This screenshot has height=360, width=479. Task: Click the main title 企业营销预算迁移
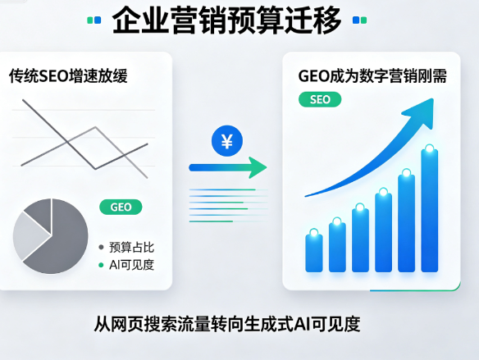(226, 21)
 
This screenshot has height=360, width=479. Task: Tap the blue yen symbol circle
(227, 141)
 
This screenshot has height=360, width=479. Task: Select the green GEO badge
(121, 207)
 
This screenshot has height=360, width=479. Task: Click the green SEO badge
(320, 99)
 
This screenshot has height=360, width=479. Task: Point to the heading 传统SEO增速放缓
(68, 76)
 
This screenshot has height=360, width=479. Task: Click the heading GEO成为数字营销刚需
(372, 76)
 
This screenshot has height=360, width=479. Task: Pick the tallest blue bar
(430, 210)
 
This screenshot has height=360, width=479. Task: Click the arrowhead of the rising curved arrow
(422, 112)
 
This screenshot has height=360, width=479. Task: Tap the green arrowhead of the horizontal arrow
(258, 167)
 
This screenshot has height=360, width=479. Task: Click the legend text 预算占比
(132, 248)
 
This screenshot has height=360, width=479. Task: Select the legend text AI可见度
(132, 265)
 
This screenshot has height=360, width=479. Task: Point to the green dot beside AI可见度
(101, 265)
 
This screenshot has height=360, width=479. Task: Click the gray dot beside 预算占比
(101, 248)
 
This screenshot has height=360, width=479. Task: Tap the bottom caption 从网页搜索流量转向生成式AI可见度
(227, 324)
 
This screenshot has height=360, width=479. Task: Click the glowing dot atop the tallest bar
(430, 149)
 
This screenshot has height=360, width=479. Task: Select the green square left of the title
(90, 21)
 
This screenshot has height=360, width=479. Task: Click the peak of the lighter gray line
(96, 127)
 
